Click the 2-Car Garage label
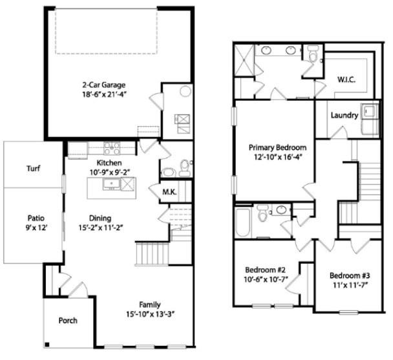coord(103,84)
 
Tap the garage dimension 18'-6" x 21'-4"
coord(103,94)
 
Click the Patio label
coord(36,218)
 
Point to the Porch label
coord(68,320)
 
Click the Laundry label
coord(344,115)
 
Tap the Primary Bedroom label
coord(278,147)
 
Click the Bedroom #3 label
coord(348,274)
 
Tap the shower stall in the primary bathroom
coord(242,59)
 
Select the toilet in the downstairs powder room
coord(185,168)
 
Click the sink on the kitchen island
coord(111,184)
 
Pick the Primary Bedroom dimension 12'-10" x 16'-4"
coord(278,156)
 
